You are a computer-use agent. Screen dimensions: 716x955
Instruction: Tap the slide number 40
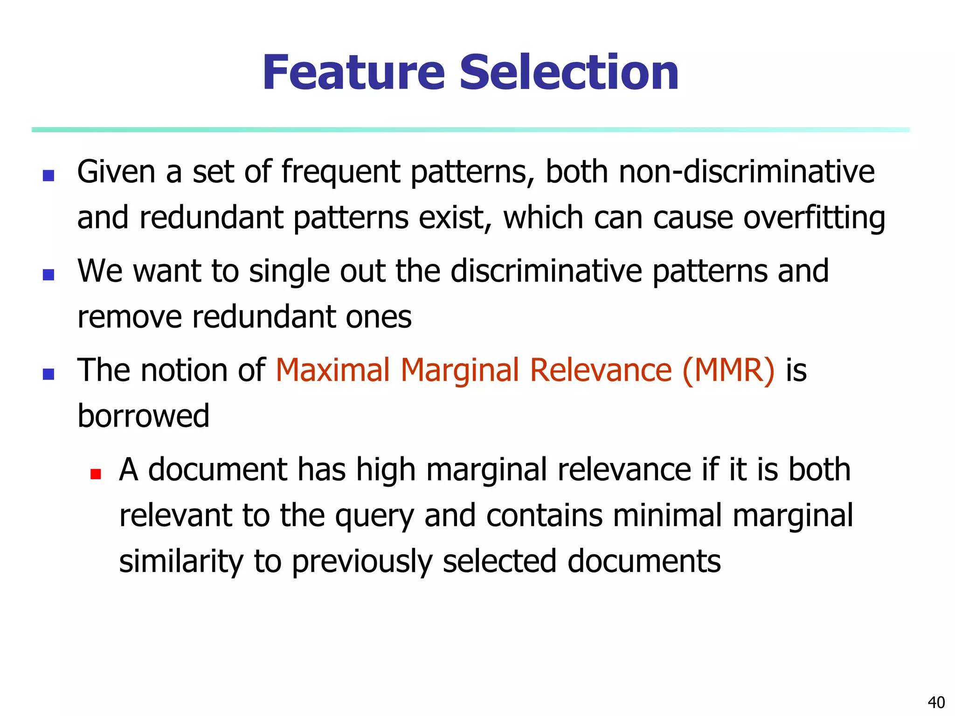(936, 702)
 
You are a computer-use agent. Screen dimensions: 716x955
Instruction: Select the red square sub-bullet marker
(96, 474)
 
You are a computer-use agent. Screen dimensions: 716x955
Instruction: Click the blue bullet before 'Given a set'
(48, 176)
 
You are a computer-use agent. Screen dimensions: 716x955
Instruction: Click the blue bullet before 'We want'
(48, 275)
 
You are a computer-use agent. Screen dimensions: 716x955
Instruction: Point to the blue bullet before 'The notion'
(48, 374)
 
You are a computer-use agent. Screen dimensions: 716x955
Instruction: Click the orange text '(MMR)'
(728, 371)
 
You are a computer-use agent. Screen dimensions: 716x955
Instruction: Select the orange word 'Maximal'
(332, 371)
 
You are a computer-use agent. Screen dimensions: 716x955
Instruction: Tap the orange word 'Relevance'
(601, 371)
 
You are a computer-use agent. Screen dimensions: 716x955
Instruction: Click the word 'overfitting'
(814, 218)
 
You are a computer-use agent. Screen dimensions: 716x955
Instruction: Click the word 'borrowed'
(143, 416)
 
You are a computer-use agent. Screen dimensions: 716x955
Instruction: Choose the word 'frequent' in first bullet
(340, 172)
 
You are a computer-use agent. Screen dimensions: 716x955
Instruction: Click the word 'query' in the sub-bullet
(374, 516)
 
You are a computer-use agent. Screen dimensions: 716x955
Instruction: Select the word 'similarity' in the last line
(181, 561)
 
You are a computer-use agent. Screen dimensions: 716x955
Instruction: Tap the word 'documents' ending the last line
(644, 561)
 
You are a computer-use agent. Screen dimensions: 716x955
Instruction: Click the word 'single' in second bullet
(289, 271)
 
